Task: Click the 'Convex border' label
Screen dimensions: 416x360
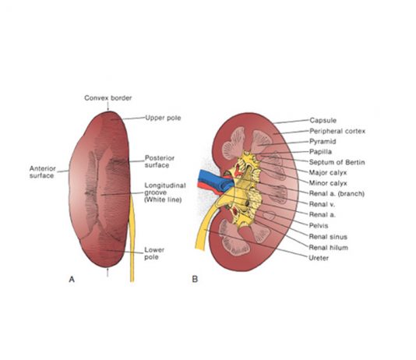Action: click(x=108, y=98)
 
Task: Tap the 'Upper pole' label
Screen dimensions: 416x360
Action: click(x=163, y=118)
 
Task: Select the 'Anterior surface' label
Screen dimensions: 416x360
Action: click(x=42, y=172)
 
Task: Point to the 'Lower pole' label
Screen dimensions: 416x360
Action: click(x=154, y=253)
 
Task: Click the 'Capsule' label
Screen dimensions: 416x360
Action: click(x=323, y=120)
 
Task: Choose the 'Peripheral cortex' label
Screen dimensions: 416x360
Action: click(x=337, y=131)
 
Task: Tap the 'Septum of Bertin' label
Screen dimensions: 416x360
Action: click(x=337, y=162)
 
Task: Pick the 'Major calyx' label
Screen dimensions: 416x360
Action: click(x=328, y=172)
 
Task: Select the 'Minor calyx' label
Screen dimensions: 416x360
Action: click(x=328, y=183)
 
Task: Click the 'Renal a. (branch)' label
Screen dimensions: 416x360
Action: click(x=337, y=193)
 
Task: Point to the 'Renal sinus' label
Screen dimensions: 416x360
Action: click(x=328, y=236)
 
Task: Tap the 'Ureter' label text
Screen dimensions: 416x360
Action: click(x=319, y=258)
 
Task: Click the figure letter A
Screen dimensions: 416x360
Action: click(x=72, y=280)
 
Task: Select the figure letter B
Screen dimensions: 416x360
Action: click(x=195, y=280)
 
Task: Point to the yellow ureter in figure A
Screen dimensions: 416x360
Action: click(x=132, y=238)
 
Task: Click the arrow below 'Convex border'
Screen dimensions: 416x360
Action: click(x=108, y=107)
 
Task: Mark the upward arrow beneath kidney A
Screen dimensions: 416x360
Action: click(x=108, y=273)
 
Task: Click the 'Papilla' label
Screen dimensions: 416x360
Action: click(x=320, y=152)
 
